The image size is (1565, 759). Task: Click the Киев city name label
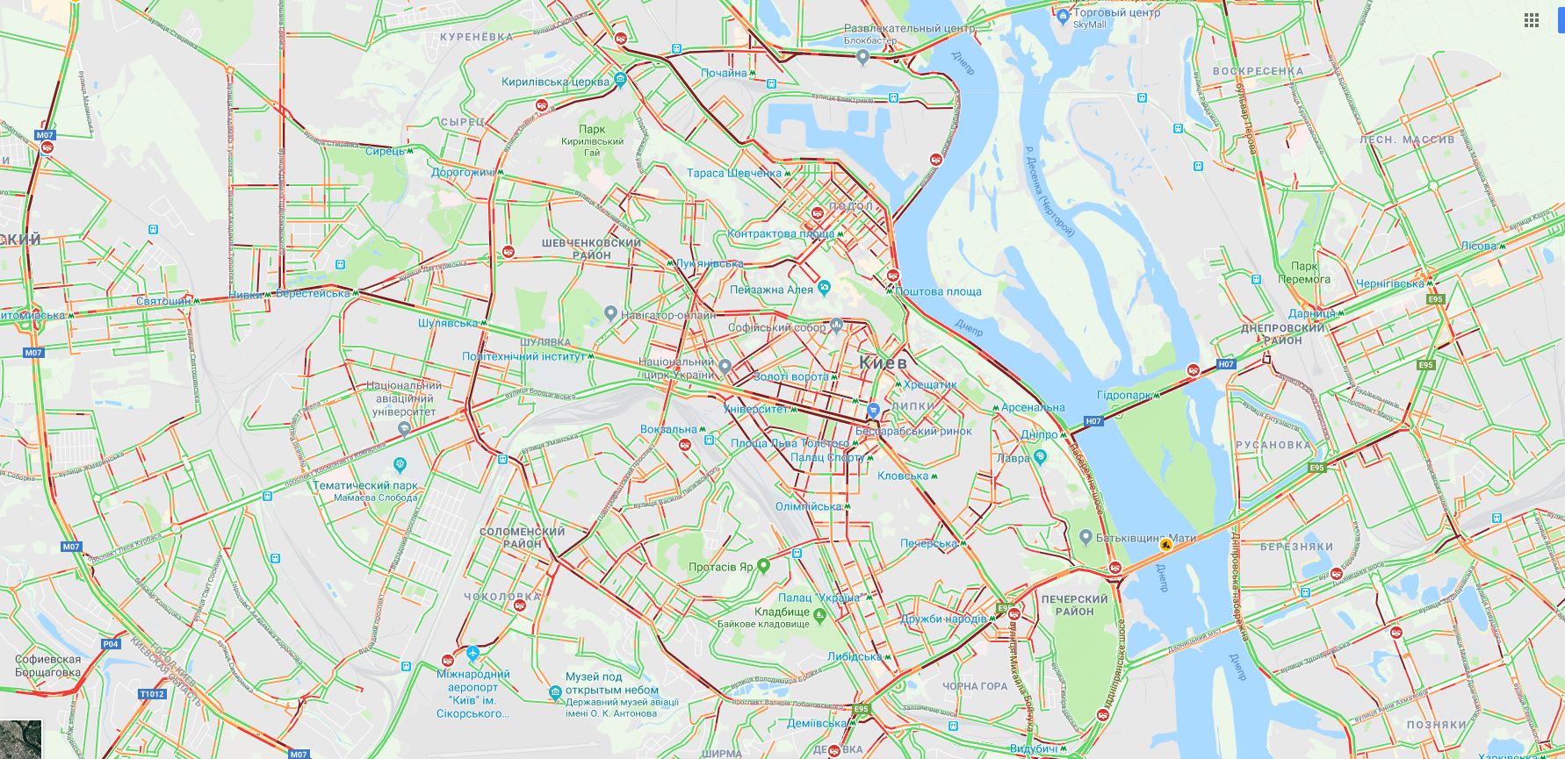point(882,362)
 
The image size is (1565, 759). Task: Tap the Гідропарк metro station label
point(1123,396)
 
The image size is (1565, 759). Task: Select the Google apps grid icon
point(1532,20)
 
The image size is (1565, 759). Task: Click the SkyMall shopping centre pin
point(1064,16)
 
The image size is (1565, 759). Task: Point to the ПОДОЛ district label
point(850,206)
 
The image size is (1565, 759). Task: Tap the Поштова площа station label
point(939,291)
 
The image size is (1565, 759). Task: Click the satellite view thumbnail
point(20,739)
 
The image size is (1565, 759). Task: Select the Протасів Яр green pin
point(763,566)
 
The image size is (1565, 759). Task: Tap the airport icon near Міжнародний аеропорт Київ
point(473,654)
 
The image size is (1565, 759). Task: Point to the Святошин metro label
point(163,301)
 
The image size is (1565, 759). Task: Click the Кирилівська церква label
point(555,82)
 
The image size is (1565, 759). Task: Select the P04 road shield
point(110,644)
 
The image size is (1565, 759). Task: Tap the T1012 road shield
point(152,694)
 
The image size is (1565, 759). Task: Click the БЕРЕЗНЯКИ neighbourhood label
point(1296,547)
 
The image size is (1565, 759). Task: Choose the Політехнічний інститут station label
point(523,356)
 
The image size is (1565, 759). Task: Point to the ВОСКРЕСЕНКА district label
point(1258,71)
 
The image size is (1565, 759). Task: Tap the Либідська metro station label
point(854,656)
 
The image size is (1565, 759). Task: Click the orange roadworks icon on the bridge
point(1165,545)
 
